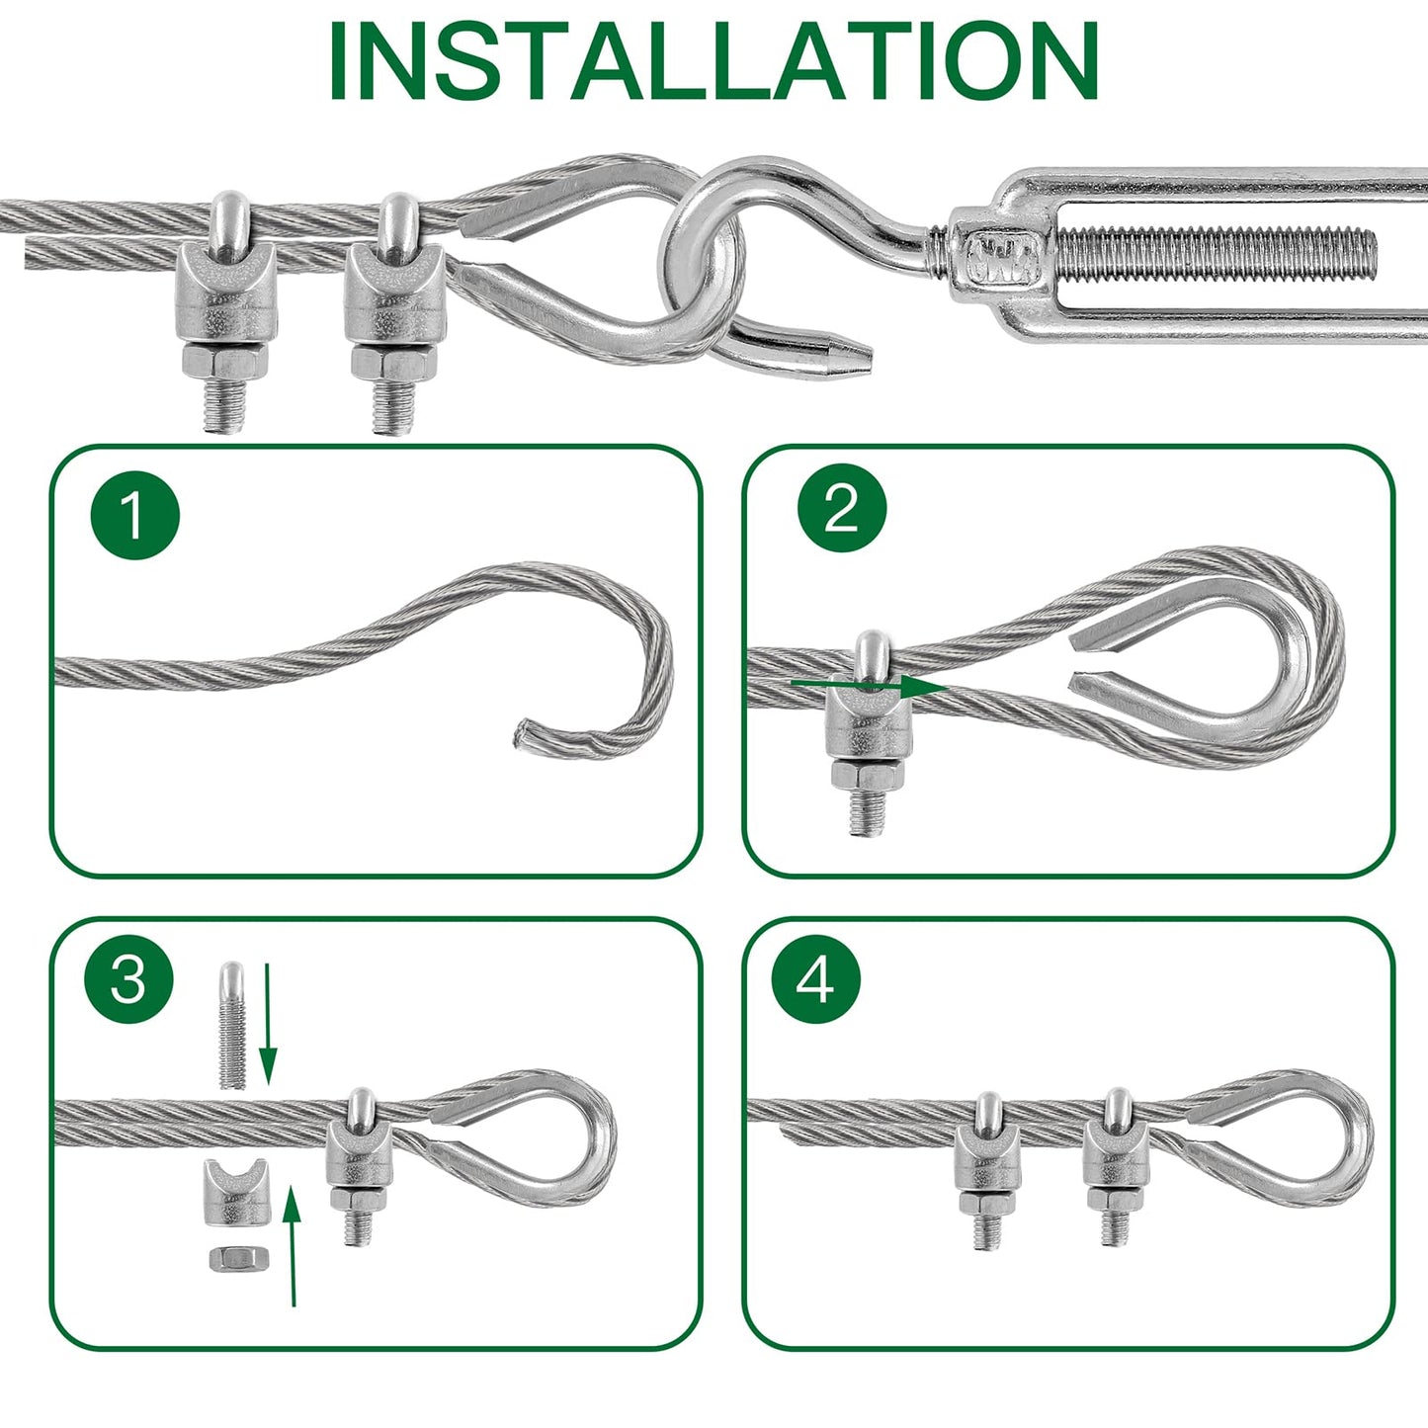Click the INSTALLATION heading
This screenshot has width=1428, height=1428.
(x=713, y=61)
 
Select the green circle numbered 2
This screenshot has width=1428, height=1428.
(x=842, y=510)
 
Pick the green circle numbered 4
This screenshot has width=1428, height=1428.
(x=816, y=979)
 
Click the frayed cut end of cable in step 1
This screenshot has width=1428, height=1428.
(x=522, y=736)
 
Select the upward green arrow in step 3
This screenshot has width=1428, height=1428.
(x=292, y=1245)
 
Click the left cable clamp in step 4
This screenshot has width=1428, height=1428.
(x=987, y=1166)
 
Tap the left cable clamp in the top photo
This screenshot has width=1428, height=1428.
(x=225, y=306)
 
